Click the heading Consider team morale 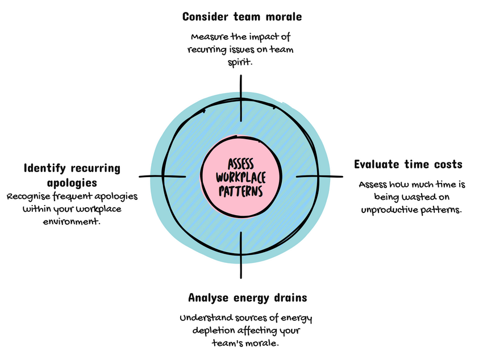tap(241, 17)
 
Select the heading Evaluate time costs tap(408, 165)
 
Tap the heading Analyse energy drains tap(247, 298)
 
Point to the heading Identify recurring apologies tap(72, 175)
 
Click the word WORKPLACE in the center tap(241, 177)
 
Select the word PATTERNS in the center tap(241, 191)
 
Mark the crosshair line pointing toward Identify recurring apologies tap(162, 177)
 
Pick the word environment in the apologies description tap(72, 221)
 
